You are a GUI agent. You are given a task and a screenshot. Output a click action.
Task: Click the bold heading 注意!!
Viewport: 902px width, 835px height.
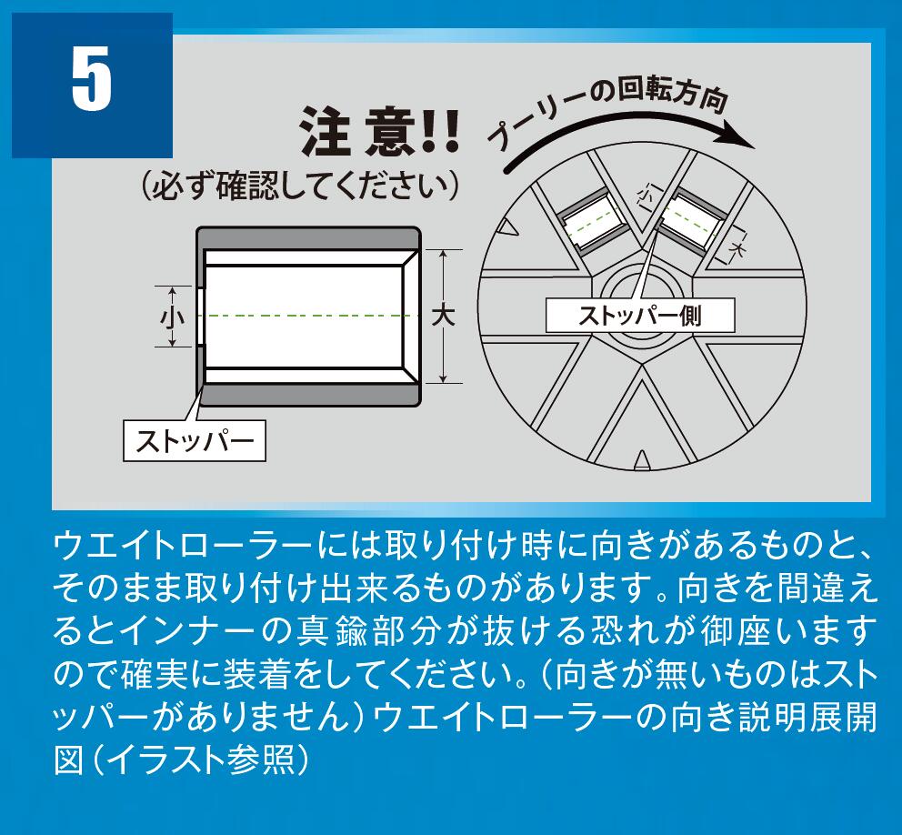[381, 131]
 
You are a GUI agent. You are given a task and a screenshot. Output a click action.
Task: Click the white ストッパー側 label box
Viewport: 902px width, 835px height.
[640, 316]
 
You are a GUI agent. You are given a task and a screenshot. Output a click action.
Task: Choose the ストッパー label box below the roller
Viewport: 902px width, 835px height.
[195, 441]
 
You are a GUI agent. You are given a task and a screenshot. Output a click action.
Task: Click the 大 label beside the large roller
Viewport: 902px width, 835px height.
[443, 316]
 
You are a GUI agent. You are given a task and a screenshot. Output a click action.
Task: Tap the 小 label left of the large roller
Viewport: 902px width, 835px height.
[172, 317]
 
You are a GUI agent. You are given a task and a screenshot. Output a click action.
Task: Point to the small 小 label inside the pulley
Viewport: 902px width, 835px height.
[646, 195]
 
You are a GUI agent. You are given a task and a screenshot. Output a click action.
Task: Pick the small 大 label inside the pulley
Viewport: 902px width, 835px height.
[736, 248]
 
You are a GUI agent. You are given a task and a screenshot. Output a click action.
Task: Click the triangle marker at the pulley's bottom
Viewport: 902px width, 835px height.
[642, 460]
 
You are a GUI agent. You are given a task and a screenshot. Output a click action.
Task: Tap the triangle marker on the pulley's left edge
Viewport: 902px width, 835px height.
[509, 226]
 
